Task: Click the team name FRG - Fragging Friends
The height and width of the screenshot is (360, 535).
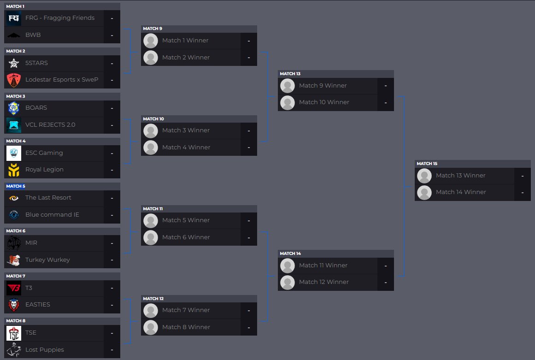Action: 59,18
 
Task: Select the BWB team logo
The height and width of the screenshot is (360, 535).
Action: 14,35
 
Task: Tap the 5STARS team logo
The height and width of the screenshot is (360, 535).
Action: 14,63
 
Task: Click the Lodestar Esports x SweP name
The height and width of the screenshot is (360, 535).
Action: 62,80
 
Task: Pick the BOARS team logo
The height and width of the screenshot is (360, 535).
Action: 14,108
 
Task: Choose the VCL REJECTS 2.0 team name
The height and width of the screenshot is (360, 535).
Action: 50,125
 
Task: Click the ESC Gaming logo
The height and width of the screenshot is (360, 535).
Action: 14,153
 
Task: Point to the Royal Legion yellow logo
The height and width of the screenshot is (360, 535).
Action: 14,170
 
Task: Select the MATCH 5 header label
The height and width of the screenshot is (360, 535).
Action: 16,186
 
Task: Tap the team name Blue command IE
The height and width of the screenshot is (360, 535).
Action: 52,215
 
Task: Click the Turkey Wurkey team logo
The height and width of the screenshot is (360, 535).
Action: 14,260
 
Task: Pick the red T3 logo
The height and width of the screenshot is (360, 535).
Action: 14,288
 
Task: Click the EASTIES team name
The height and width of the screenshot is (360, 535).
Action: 38,305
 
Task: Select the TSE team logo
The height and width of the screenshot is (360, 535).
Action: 14,333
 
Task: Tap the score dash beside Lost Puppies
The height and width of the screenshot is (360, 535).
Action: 112,350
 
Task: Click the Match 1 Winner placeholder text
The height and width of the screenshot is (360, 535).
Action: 185,41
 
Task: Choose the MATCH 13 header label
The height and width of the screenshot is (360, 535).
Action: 290,74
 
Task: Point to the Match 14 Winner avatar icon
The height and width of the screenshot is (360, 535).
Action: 424,192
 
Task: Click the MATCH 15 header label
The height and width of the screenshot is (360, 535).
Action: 427,164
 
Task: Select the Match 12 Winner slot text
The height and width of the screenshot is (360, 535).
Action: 324,282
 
